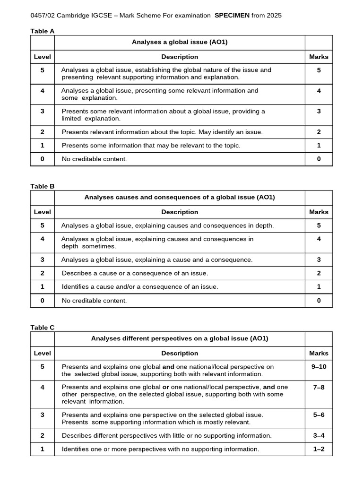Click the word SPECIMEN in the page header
point(232,15)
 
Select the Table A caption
point(43,31)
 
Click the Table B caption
point(43,186)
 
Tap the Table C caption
point(43,328)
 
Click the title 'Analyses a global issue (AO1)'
point(180,43)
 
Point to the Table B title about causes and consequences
point(180,198)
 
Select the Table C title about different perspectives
point(180,338)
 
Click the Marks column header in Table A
point(319,57)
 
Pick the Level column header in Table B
point(43,212)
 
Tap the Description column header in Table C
point(180,353)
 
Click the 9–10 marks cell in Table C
point(319,366)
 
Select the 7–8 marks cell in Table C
point(319,387)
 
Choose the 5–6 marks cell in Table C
point(319,415)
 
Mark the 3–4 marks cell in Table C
point(319,435)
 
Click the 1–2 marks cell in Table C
point(319,449)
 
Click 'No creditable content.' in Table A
point(94,159)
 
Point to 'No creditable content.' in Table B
point(94,301)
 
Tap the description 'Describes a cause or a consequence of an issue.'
point(135,273)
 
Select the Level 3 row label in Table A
point(43,111)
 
